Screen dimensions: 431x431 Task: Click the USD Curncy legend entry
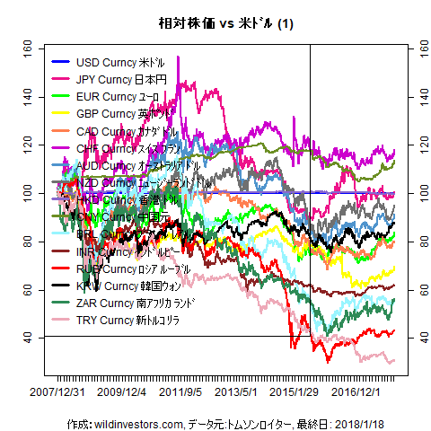(x=119, y=63)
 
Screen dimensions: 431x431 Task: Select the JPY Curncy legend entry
(x=119, y=80)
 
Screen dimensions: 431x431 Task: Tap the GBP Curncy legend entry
(x=119, y=114)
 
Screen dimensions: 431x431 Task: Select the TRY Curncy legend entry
(x=125, y=320)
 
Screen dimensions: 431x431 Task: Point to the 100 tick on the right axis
(x=415, y=192)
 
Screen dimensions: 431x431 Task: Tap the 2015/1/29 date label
(x=295, y=392)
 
